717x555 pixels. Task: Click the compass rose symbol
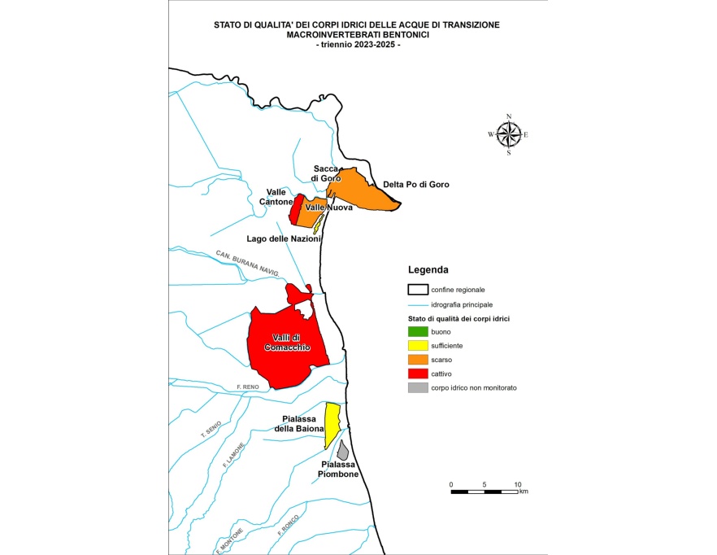pos(508,133)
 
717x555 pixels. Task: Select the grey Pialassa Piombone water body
pos(343,451)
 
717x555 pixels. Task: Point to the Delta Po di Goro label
pos(416,185)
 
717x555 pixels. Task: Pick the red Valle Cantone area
pos(297,210)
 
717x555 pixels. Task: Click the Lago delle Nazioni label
pos(284,239)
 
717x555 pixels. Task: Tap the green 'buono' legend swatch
pos(417,331)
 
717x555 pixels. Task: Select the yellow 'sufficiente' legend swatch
pos(417,345)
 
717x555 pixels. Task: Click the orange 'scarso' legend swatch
pos(417,360)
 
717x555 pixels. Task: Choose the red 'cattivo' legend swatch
pos(417,374)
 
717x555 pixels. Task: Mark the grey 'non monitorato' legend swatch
pos(417,387)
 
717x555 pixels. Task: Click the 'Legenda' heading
pos(428,269)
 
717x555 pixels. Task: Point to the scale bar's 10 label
pos(518,485)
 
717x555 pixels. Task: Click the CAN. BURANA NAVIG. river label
pos(248,262)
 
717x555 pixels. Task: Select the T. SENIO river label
pos(211,430)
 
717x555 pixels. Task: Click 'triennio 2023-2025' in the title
pos(358,45)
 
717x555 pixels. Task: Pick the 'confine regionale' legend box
pos(417,290)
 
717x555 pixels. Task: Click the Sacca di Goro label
pos(325,173)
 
